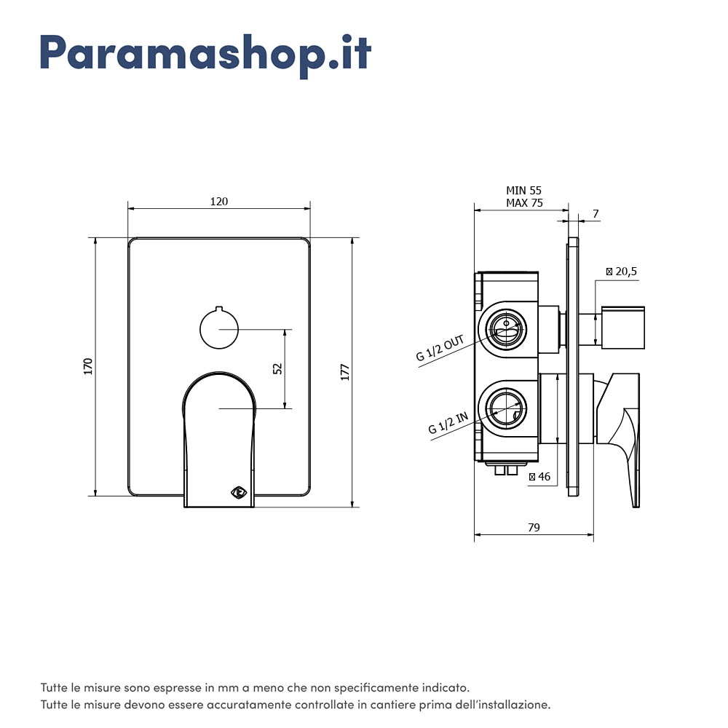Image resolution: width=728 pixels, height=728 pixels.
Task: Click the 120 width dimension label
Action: click(x=219, y=202)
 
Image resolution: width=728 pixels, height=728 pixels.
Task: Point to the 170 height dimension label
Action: click(x=88, y=366)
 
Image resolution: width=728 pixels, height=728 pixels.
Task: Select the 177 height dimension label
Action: click(x=345, y=372)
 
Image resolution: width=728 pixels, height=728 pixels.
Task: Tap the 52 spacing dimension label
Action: click(x=277, y=368)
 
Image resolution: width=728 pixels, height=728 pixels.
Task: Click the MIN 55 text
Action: click(x=523, y=190)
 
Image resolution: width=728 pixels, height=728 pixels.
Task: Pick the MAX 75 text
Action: click(x=524, y=203)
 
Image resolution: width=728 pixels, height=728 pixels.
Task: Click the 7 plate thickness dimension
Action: click(x=596, y=213)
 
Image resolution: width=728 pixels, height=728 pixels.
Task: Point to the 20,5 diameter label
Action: click(x=622, y=271)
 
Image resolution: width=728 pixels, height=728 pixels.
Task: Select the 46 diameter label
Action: click(x=539, y=476)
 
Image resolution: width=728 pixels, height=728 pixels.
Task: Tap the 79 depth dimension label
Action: click(x=534, y=527)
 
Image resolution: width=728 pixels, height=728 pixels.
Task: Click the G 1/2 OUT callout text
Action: click(x=440, y=348)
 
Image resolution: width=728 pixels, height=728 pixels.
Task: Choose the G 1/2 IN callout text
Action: click(x=448, y=423)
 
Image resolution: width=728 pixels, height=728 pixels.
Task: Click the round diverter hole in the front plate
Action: click(x=219, y=329)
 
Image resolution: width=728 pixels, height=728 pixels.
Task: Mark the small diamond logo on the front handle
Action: click(x=239, y=492)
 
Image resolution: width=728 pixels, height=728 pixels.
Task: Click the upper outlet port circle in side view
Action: click(x=506, y=329)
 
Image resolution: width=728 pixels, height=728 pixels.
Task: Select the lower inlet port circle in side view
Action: click(x=506, y=408)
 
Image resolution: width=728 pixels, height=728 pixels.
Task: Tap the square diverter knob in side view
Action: click(x=623, y=328)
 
